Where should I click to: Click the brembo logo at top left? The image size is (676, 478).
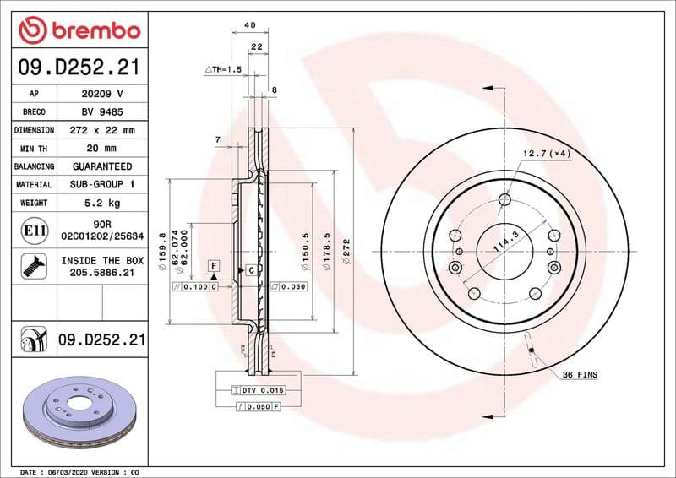coord(79,31)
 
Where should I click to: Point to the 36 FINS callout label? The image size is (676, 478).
coord(580,373)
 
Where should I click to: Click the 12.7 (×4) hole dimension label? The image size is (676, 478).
coord(547,153)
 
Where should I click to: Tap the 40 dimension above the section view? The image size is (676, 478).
coord(249,25)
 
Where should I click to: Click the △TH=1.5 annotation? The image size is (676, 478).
coord(223,68)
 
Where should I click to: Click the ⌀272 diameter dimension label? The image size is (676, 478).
coord(346,252)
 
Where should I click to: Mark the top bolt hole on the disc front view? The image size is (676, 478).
coord(504,199)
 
